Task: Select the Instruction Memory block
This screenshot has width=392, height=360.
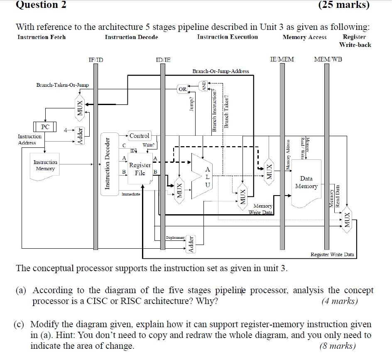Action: click(x=45, y=166)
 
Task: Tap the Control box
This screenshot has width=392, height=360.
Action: click(x=140, y=136)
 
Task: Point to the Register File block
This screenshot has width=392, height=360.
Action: click(x=140, y=169)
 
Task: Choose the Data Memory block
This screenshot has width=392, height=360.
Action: click(x=306, y=182)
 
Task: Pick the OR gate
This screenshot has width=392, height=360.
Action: click(x=183, y=89)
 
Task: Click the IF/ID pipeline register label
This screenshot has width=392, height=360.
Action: click(x=96, y=59)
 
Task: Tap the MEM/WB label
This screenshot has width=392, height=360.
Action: click(x=328, y=59)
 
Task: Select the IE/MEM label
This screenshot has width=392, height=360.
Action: click(x=282, y=59)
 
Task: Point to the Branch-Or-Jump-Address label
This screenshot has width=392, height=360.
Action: click(x=220, y=71)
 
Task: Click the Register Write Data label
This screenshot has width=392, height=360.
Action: click(x=332, y=254)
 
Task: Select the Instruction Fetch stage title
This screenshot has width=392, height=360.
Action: click(x=42, y=37)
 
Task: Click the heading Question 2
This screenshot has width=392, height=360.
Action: click(x=41, y=5)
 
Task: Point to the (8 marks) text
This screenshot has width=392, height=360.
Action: click(x=338, y=346)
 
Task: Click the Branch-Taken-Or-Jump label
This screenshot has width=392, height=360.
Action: click(x=62, y=85)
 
